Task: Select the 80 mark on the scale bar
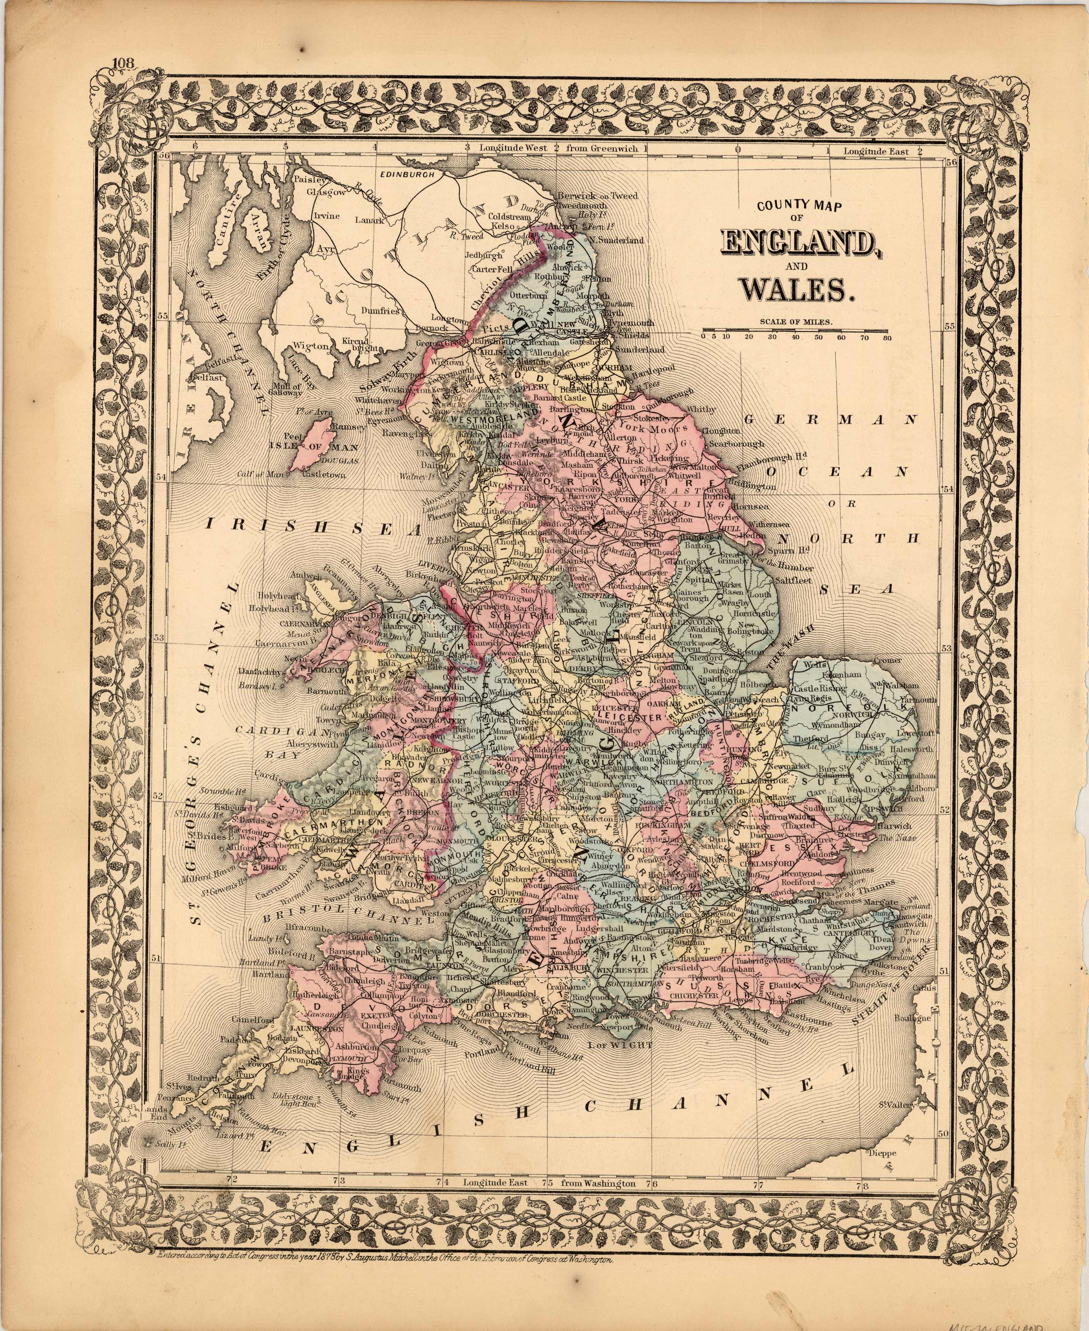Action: click(886, 337)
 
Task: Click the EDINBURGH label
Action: click(408, 175)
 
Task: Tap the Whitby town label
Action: click(701, 409)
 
